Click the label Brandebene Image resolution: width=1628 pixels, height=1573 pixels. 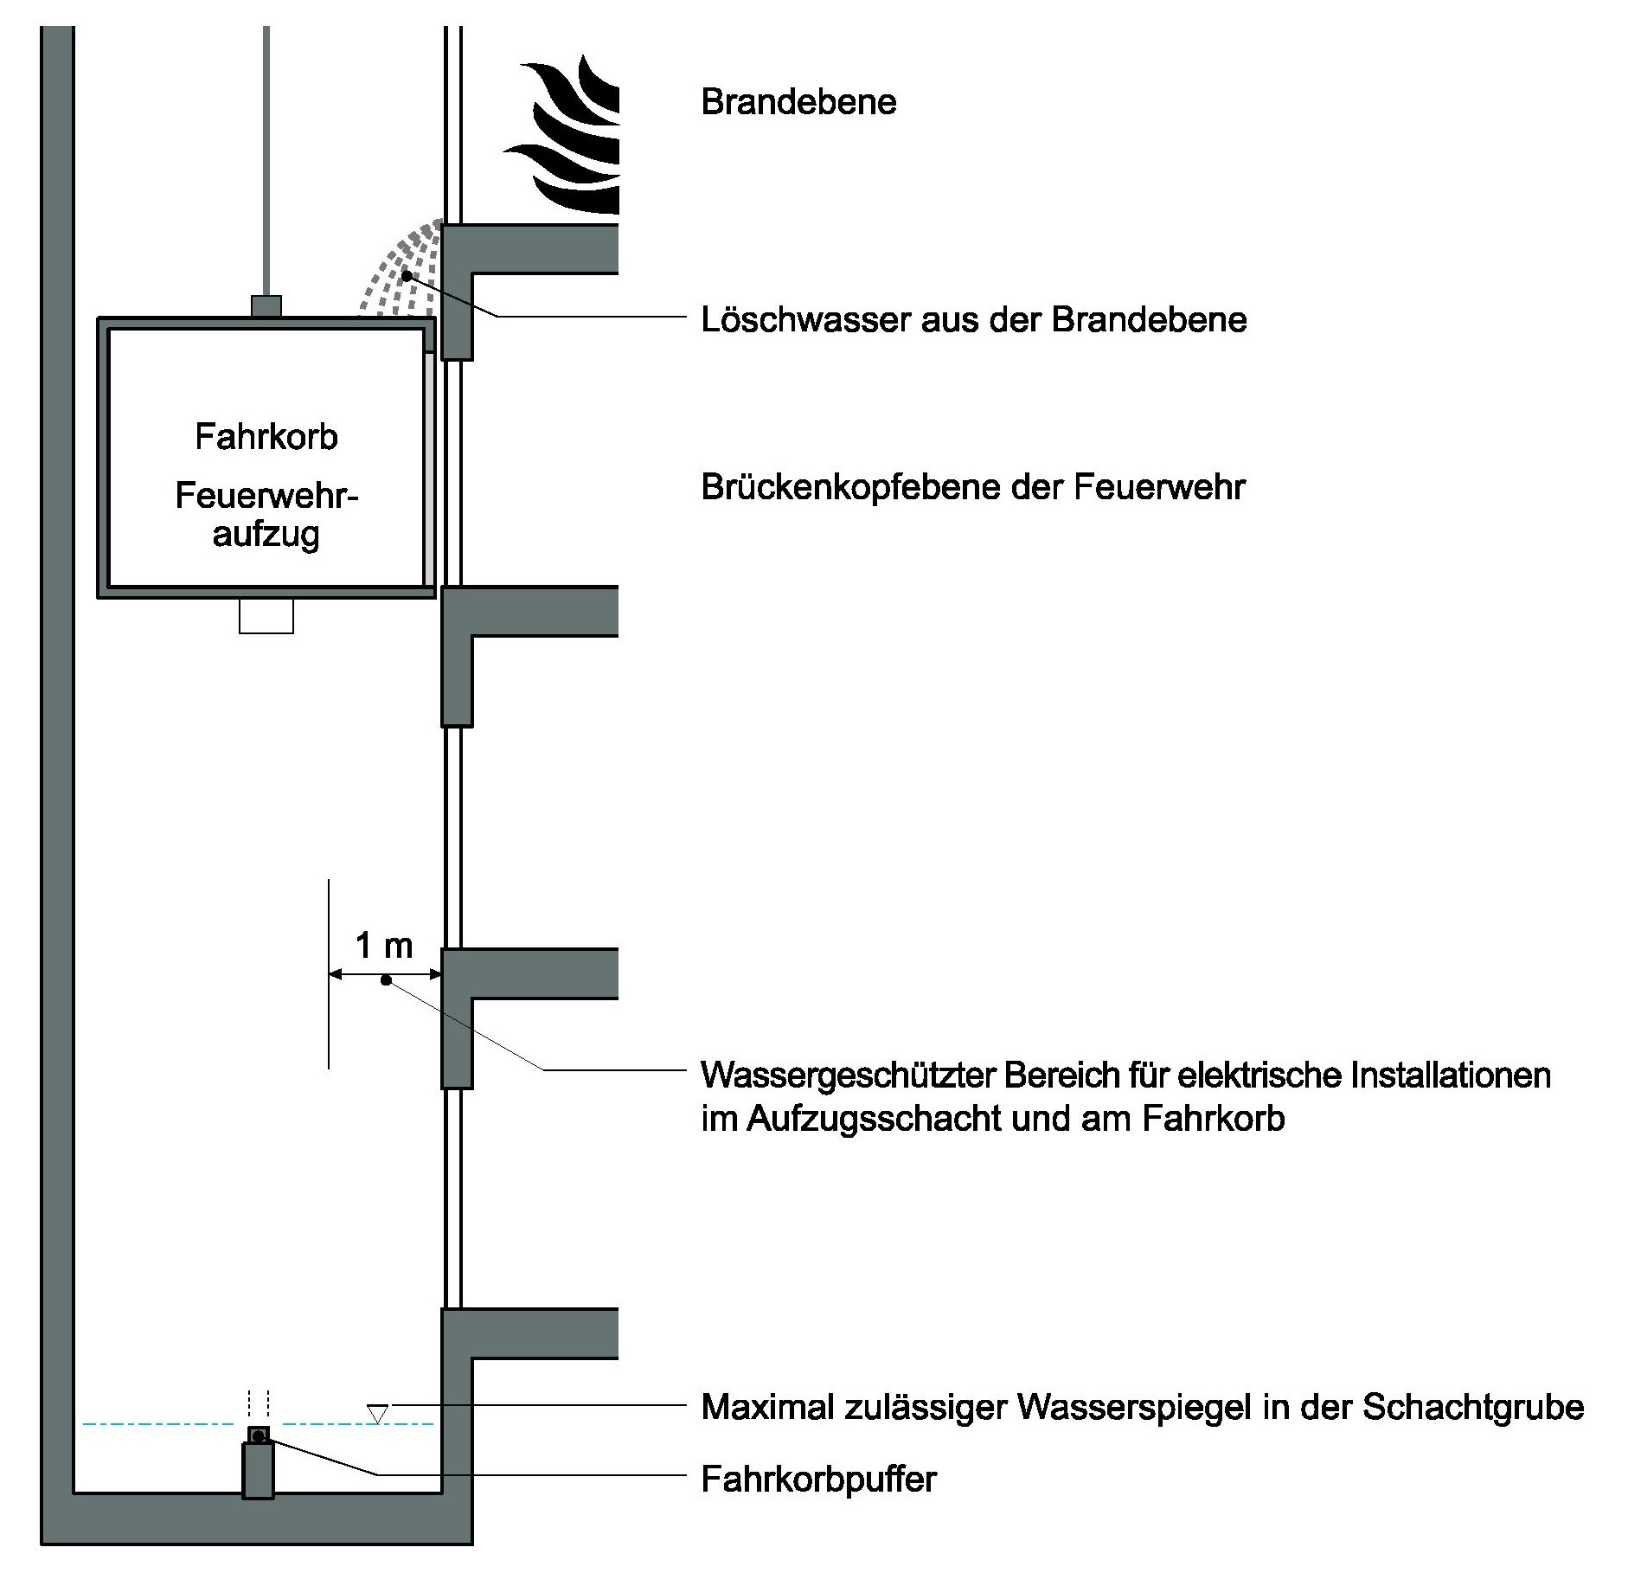[798, 102]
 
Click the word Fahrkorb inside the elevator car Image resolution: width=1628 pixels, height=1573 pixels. [266, 437]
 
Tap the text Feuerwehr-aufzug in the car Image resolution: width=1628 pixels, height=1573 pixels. [266, 515]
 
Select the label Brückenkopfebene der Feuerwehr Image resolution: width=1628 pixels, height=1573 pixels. [972, 487]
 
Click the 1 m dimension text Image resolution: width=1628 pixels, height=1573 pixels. [384, 946]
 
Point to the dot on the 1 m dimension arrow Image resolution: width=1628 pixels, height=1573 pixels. [386, 980]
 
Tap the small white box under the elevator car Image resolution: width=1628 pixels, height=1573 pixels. [266, 615]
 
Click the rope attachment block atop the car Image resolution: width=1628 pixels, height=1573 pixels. [266, 306]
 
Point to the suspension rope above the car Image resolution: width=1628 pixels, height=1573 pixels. [266, 156]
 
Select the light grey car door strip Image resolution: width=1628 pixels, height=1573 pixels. [429, 467]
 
